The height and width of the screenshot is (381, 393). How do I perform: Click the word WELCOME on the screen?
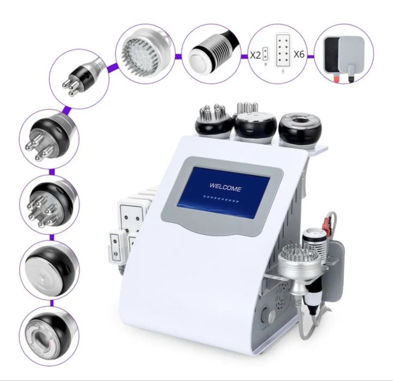225,187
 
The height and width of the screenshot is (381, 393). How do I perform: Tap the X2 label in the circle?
255,55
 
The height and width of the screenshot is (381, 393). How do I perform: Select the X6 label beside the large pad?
299,54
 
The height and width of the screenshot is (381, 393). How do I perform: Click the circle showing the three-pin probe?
79,79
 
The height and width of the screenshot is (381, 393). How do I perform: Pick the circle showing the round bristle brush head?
145,54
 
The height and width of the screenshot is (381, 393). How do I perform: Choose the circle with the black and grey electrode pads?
344,54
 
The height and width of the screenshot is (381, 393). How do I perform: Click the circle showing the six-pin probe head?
50,205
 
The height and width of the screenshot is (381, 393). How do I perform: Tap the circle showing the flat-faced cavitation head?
50,270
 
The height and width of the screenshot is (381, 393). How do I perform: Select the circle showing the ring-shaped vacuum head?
50,336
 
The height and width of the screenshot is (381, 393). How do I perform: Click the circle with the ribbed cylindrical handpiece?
211,54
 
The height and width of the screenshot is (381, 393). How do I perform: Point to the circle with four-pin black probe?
50,139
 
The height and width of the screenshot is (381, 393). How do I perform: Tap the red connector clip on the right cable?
327,222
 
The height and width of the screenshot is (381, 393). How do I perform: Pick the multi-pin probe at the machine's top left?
213,121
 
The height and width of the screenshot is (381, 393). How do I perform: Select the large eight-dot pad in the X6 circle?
283,50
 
